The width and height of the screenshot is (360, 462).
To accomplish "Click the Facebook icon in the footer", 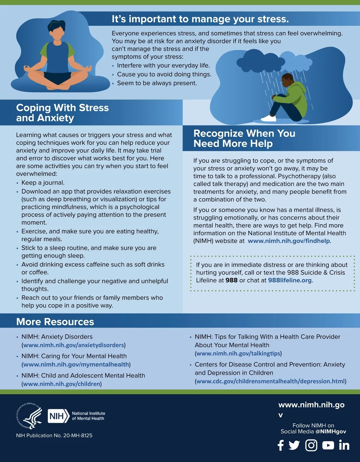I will [x=280, y=445].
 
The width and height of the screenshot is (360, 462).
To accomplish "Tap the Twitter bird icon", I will [x=294, y=445].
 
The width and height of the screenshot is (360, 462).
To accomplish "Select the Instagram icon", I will [x=311, y=445].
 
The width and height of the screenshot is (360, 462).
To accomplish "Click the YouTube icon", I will [x=328, y=445].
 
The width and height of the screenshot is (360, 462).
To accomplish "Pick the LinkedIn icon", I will [x=344, y=445].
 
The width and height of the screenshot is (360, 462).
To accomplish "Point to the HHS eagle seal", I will [x=29, y=416].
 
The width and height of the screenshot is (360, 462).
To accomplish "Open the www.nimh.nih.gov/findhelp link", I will [x=289, y=241].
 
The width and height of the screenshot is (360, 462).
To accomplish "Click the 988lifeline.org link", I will [x=290, y=280].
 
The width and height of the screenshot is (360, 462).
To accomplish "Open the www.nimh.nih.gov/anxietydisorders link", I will [x=73, y=345].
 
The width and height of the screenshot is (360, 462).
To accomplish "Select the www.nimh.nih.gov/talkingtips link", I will [x=238, y=353].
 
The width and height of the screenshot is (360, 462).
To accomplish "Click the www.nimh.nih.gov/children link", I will [x=61, y=384].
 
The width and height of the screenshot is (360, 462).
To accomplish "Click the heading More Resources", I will [x=55, y=322].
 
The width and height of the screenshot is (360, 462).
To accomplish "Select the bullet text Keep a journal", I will [x=43, y=183].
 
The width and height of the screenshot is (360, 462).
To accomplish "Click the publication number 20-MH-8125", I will [x=78, y=435].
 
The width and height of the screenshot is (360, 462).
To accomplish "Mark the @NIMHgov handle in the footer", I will [x=331, y=431].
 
